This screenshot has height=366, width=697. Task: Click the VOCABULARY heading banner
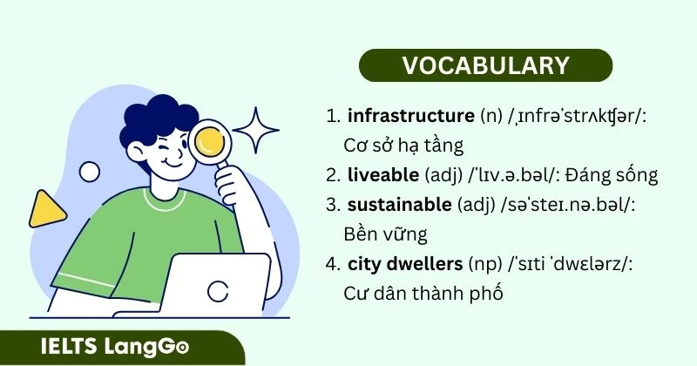(485, 65)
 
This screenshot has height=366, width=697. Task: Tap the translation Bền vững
(382, 234)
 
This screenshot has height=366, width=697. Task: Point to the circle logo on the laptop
(220, 290)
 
